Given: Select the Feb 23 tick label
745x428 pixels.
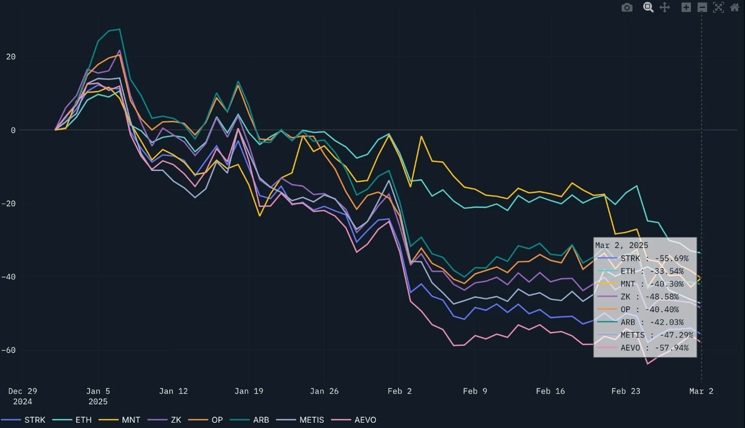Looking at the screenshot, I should [626, 391].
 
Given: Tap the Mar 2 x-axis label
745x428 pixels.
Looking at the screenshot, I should [701, 391].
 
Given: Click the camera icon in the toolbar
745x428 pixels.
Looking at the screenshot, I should [627, 7].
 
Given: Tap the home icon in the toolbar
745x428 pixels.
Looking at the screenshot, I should [734, 7].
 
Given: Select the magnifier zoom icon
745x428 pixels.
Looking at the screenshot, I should [648, 7].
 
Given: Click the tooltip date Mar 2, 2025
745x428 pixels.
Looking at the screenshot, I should [622, 246].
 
